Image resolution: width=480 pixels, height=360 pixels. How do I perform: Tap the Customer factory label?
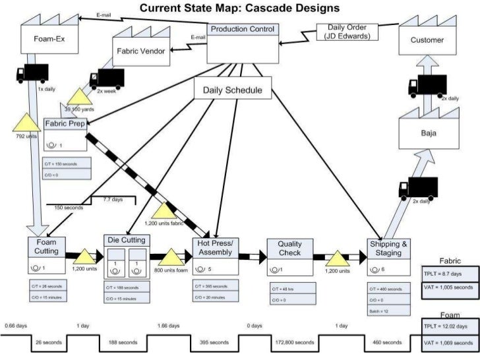pyautogui.click(x=427, y=40)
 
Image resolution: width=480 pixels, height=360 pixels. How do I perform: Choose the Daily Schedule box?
pyautogui.click(x=232, y=90)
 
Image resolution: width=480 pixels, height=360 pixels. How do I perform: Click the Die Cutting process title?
pyautogui.click(x=127, y=240)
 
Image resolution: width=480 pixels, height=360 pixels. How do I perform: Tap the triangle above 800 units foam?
pyautogui.click(x=171, y=257)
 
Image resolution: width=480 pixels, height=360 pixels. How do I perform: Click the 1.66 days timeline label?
pyautogui.click(x=167, y=326)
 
